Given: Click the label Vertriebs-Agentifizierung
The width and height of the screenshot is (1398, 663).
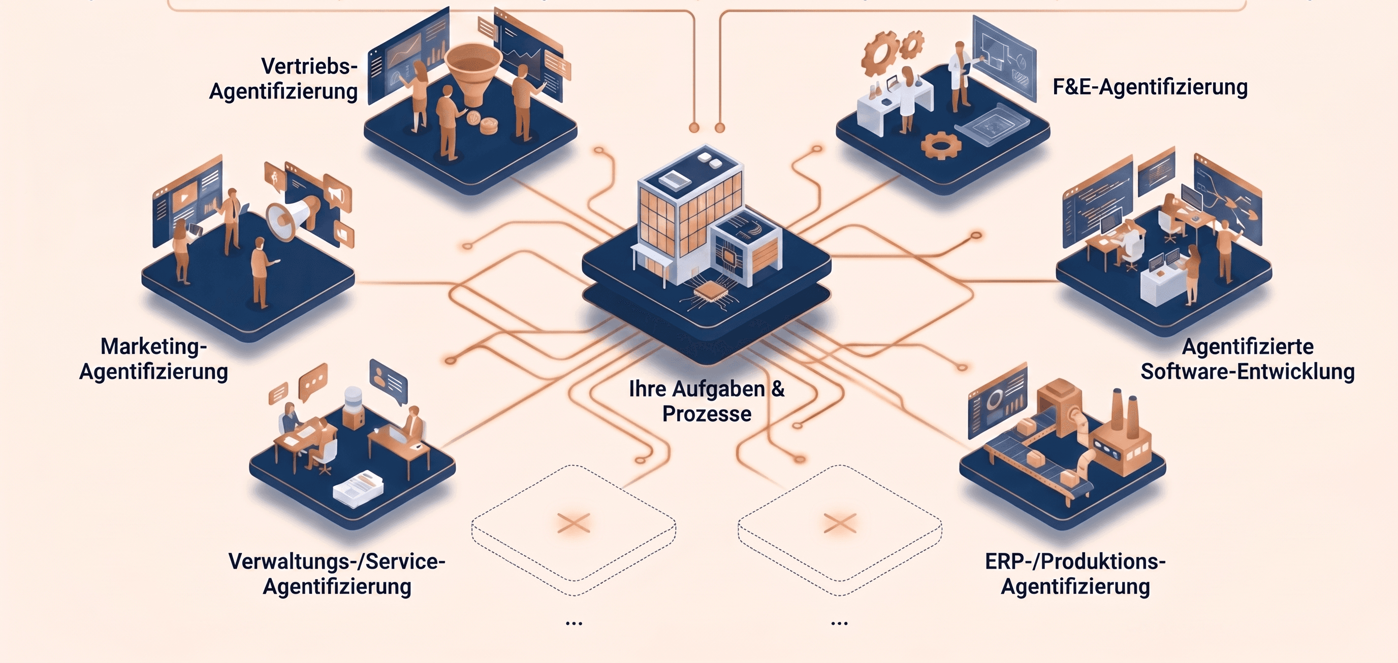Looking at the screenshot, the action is tap(283, 79).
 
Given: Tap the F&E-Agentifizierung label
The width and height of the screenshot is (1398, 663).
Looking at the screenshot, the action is tap(1150, 87).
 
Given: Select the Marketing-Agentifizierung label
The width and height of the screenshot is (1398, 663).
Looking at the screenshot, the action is tap(153, 358).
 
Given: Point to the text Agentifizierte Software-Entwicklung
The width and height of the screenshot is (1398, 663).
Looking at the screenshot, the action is tap(1248, 358).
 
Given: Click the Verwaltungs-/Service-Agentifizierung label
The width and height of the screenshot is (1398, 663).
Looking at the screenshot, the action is tap(337, 574).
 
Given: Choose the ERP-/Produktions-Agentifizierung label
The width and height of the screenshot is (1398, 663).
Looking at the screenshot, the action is tap(1075, 574).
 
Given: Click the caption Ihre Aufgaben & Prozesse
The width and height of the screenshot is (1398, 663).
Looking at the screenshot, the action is tap(707, 401).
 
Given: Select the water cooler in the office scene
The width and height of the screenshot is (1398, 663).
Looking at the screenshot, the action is tap(353, 407).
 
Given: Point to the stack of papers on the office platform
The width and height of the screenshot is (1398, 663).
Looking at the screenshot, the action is tap(358, 488).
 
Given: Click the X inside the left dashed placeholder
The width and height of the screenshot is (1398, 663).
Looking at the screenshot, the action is tap(574, 523).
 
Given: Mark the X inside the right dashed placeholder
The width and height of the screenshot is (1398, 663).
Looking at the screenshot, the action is tap(840, 523).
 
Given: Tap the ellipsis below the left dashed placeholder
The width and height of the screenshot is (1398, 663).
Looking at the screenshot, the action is tap(574, 623).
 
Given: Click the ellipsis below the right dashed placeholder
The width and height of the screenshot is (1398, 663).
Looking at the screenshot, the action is tap(840, 623).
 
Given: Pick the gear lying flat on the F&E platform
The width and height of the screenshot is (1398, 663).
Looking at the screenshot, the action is tap(941, 145).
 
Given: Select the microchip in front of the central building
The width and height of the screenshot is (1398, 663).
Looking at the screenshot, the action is tap(708, 291).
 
